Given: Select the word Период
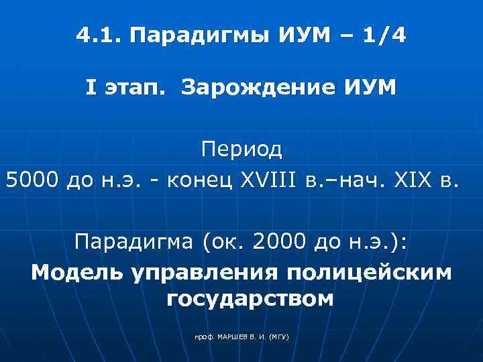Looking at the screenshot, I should pos(241,149).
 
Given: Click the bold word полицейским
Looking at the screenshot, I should pos(369,274).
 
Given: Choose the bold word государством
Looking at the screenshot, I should pos(249,299).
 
